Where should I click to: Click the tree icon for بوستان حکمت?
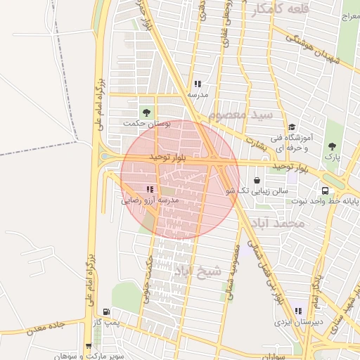tap(146, 112)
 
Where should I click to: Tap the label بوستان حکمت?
tap(147, 123)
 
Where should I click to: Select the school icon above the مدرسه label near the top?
tap(198, 84)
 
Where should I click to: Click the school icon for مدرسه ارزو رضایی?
tap(149, 189)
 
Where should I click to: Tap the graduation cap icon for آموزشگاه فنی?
tap(292, 127)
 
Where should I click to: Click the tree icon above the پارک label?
tap(332, 146)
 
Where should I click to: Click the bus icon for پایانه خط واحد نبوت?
tap(325, 191)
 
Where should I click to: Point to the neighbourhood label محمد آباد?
tap(276, 223)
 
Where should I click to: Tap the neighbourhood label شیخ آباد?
tap(198, 271)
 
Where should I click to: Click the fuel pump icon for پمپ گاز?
tap(106, 311)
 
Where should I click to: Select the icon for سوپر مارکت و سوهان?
tap(88, 346)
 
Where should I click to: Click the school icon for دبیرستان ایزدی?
tap(298, 311)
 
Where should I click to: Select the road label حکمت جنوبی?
tap(148, 278)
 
